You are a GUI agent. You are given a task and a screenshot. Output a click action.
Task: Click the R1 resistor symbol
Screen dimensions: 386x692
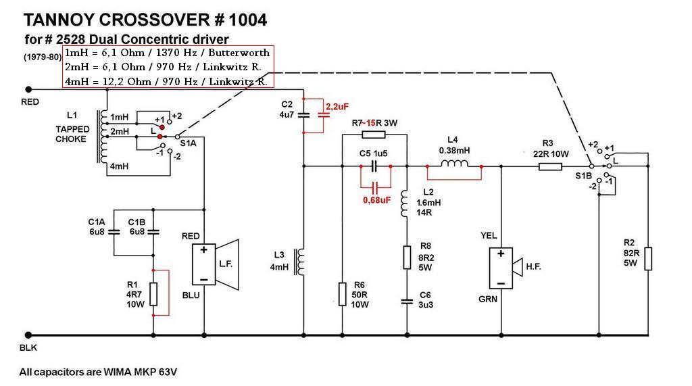[153, 293]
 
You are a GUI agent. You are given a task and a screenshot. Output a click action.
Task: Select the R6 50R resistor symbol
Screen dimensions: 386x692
[342, 293]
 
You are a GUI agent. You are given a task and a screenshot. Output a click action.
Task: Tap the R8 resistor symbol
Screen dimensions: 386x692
[407, 258]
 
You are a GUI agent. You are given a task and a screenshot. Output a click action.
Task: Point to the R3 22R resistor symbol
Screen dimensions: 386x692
[550, 166]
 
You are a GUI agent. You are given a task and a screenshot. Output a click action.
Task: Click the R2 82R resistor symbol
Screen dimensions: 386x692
[647, 259]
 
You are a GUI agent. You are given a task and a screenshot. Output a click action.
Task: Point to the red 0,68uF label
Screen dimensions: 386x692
[376, 200]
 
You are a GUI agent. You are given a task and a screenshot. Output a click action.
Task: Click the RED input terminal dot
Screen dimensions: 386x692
[28, 89]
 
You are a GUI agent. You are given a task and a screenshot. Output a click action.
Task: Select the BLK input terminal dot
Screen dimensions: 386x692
[28, 335]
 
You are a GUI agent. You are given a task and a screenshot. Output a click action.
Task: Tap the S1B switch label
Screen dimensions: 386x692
[583, 176]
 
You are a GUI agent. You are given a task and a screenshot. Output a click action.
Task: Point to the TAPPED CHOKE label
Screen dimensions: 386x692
[71, 134]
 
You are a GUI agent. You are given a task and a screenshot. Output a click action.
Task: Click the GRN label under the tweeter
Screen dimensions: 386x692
[489, 299]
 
